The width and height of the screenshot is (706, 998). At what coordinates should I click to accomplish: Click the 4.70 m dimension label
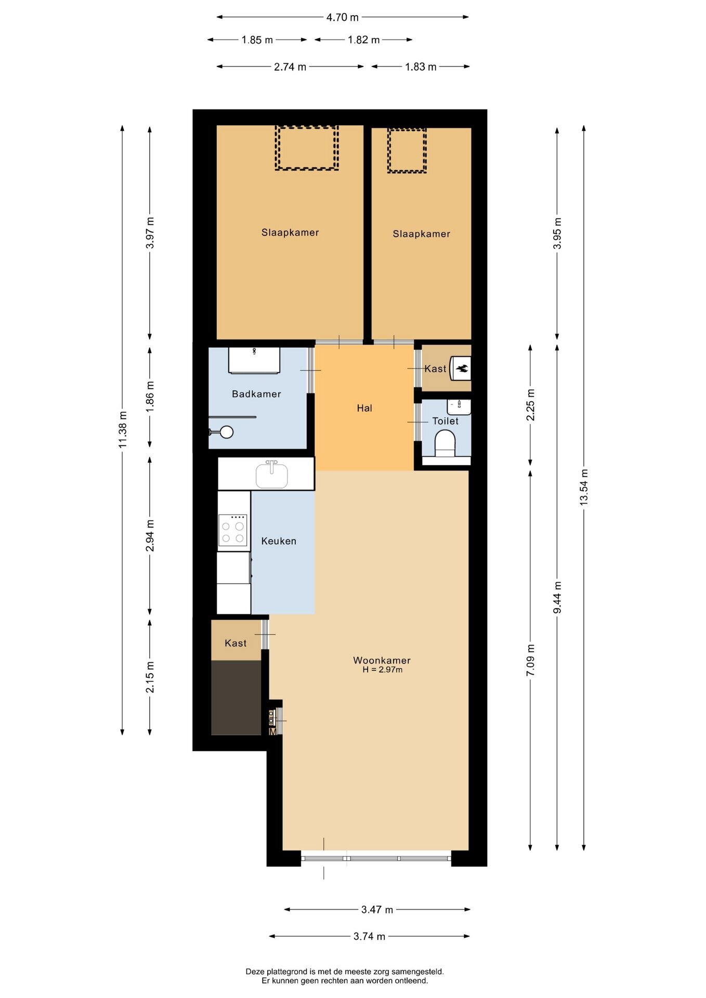[x=342, y=17]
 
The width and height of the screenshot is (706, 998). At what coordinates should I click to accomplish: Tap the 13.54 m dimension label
[x=584, y=487]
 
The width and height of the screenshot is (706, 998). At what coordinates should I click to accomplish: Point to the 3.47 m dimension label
[x=377, y=910]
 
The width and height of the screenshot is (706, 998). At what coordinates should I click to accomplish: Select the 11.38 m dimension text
[x=123, y=429]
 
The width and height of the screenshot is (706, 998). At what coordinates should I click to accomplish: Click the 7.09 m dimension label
[x=530, y=660]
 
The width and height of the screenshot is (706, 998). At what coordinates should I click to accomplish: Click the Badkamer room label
[x=256, y=394]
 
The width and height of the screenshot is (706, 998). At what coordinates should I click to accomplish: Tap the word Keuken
[x=279, y=541]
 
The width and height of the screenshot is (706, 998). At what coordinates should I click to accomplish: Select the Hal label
[x=364, y=408]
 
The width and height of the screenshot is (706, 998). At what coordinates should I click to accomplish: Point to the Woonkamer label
[x=382, y=660]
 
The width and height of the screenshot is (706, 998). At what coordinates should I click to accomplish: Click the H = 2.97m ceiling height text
[x=383, y=669]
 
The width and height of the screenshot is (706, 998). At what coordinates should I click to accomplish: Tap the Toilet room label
[x=446, y=421]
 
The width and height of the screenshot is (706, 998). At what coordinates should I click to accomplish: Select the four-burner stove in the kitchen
[x=233, y=530]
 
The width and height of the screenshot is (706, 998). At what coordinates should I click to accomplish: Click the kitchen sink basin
[x=271, y=476]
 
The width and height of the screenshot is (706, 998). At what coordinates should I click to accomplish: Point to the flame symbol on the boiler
[x=462, y=369]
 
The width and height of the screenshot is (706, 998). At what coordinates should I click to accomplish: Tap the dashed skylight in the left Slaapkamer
[x=307, y=148]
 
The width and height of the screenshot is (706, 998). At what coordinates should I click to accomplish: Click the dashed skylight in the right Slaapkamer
[x=407, y=151]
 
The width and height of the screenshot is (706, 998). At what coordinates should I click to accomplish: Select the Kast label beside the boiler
[x=435, y=369]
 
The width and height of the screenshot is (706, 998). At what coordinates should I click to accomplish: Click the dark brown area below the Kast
[x=236, y=698]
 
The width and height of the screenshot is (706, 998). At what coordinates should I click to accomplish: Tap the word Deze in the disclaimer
[x=255, y=971]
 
